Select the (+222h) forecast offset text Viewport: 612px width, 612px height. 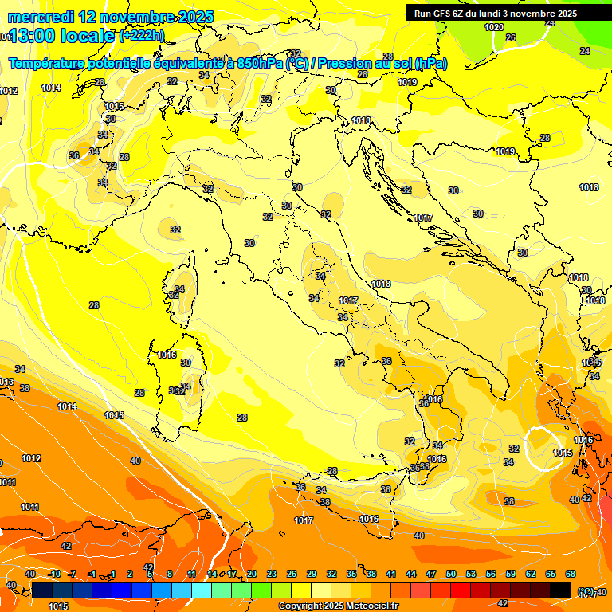[143, 36]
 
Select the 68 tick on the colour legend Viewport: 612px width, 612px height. [571, 574]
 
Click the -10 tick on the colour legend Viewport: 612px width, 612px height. [54, 574]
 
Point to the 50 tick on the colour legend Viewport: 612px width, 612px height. [451, 574]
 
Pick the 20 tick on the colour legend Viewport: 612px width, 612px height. [252, 574]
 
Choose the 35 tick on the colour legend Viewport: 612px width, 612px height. [351, 574]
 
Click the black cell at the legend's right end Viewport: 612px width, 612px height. [560, 590]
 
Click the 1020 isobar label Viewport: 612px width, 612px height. [494, 27]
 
